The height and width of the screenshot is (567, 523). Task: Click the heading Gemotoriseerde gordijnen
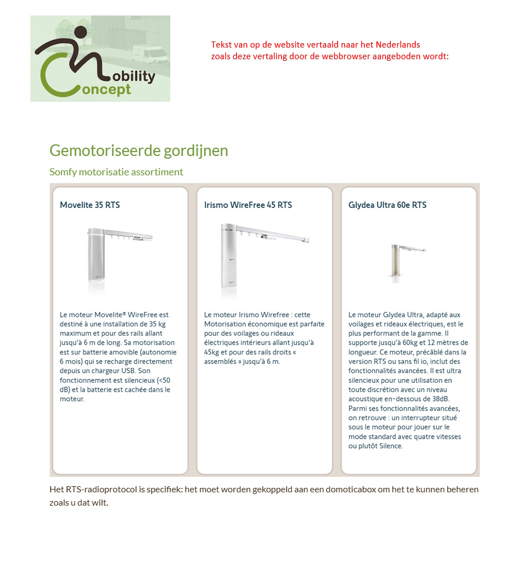point(139,150)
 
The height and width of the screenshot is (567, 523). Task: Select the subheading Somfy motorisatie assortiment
point(116,172)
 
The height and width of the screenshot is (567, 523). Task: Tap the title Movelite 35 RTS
point(90,205)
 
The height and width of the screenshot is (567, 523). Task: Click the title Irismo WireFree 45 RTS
point(248,205)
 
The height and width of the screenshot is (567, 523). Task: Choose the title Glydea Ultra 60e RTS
point(387,205)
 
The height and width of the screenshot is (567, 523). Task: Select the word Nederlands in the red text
point(400,45)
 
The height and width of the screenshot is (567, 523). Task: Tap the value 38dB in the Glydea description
point(440,399)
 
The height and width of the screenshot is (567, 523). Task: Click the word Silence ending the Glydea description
point(391,446)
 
